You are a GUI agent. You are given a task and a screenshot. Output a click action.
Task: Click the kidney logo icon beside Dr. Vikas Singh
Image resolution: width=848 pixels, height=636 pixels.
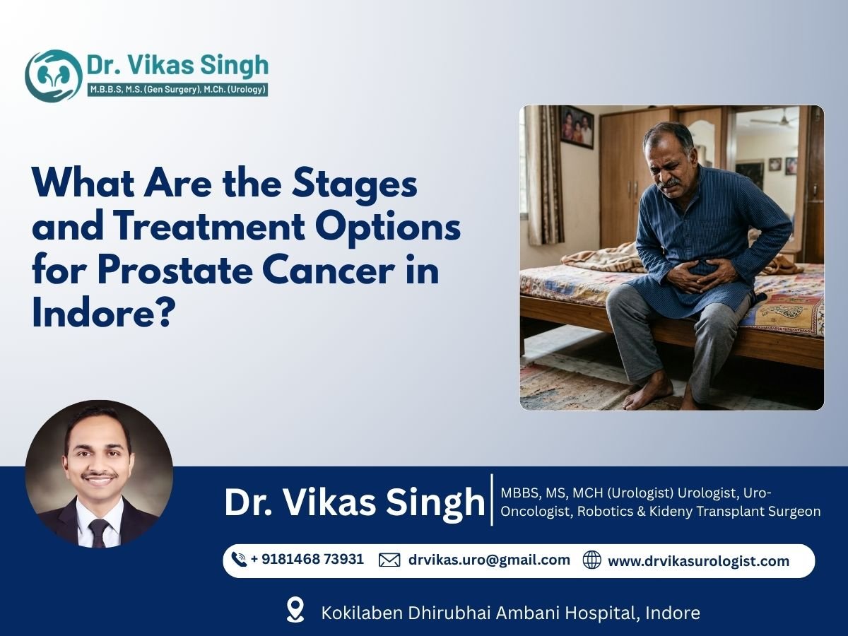point(53,76)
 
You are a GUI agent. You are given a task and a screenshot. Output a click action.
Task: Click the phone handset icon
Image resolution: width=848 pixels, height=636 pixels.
point(239,560)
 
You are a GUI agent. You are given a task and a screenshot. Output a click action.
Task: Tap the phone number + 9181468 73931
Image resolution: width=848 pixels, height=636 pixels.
point(307,559)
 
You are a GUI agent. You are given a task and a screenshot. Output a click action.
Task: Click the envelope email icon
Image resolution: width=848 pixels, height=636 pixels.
point(389,560)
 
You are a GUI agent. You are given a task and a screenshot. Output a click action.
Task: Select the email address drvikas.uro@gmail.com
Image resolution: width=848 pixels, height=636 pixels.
point(489,560)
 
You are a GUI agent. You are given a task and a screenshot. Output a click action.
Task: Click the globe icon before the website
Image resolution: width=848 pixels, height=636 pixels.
point(591,560)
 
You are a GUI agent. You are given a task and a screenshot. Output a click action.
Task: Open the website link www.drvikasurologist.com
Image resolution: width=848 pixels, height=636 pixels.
point(698,561)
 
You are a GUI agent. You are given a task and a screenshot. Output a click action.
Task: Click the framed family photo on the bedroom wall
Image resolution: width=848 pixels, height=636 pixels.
point(577,126)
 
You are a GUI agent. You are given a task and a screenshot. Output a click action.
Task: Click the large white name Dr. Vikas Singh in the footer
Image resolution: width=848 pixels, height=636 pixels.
point(355,502)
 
